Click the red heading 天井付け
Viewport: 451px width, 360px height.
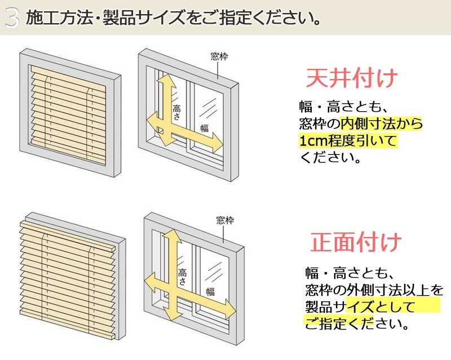click(351, 79)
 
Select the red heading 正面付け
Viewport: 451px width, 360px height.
click(356, 242)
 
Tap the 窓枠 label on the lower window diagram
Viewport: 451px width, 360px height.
click(225, 220)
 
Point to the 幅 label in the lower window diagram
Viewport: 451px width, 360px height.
click(210, 291)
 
